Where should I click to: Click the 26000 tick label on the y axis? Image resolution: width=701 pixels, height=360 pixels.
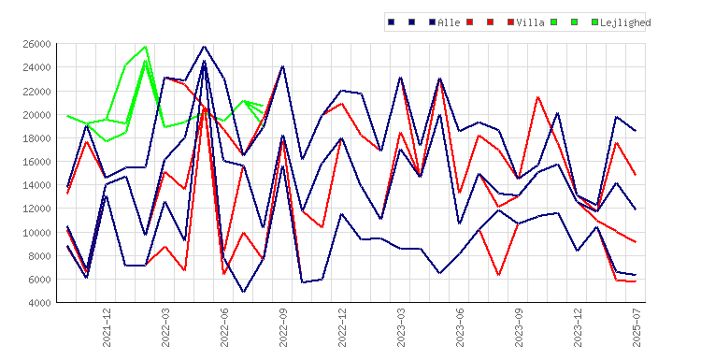point(36,44)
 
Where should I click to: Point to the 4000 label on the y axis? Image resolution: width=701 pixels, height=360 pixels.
point(39,303)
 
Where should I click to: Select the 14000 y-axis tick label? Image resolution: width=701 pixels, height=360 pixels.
point(36,185)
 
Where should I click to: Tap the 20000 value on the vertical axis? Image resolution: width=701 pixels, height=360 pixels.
point(36,115)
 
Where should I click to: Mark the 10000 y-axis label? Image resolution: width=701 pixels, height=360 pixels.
point(36,233)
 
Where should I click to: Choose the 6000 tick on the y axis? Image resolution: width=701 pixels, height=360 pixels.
point(39,280)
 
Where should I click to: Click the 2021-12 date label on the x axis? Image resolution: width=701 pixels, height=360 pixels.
point(107,327)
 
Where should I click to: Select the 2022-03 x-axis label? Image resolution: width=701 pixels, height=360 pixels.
point(165,327)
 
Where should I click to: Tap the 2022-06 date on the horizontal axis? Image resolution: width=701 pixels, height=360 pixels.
point(224,327)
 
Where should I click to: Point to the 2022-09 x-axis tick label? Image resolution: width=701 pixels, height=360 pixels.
point(283,327)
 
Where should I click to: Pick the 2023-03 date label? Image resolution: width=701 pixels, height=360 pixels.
point(402,327)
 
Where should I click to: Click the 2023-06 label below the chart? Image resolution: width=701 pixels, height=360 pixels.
point(461,327)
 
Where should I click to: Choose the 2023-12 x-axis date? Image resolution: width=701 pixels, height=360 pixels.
point(578,327)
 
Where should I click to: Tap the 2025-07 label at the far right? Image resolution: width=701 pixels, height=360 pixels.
point(637,327)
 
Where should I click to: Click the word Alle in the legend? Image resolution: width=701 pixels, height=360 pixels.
point(449,22)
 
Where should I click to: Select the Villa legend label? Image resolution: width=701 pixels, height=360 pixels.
point(530,22)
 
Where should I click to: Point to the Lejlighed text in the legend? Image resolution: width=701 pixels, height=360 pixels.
point(625,22)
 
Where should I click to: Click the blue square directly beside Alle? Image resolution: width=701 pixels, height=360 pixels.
point(433,22)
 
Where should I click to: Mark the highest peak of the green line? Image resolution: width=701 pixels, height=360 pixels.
point(145,46)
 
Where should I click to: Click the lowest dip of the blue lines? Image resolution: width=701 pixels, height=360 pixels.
point(244,292)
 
